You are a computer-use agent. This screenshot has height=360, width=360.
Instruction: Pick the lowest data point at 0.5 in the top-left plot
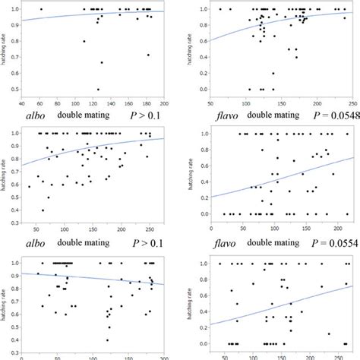97,89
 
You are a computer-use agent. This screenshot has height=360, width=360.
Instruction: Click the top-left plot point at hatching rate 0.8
84,41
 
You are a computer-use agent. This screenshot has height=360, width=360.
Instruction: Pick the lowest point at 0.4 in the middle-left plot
43,210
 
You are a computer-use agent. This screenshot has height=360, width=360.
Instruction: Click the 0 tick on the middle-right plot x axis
206,229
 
